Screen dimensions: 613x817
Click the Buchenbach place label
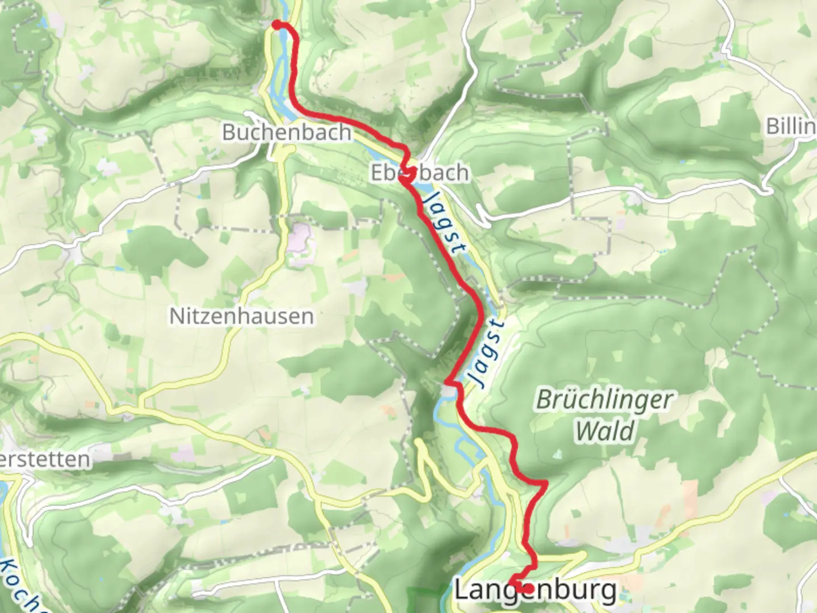287,132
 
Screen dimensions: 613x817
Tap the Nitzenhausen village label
241,316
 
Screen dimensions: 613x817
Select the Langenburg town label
536,591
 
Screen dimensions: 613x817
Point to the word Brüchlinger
604,400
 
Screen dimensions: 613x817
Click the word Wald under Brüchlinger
605,431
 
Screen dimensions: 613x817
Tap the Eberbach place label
420,173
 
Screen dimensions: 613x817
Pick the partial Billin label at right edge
791,126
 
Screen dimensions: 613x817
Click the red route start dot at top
277,24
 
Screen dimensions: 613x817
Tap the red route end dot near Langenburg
528,589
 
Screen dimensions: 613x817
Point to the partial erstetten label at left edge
45,459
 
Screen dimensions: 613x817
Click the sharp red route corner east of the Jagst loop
545,484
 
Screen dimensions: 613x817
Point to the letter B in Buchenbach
228,132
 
